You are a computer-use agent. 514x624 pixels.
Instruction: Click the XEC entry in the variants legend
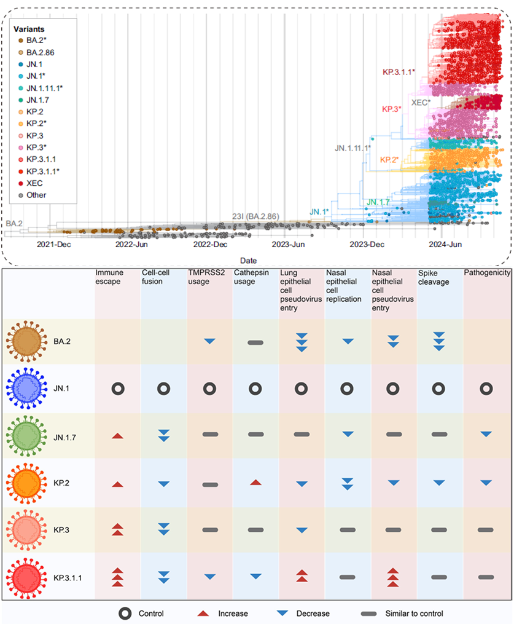(x=34, y=183)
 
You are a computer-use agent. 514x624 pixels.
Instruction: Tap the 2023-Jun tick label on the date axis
(x=289, y=245)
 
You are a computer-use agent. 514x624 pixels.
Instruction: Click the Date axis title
(x=249, y=260)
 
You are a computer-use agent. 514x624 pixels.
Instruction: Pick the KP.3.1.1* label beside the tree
(x=399, y=72)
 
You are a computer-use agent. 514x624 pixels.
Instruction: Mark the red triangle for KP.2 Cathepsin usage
(x=257, y=482)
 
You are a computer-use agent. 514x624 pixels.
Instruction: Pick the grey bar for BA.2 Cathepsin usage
(x=256, y=342)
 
